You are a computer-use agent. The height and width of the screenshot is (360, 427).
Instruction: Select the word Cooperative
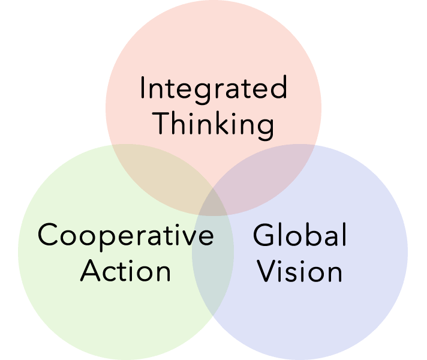(x=125, y=235)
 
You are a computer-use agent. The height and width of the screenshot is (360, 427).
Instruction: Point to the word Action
(x=126, y=271)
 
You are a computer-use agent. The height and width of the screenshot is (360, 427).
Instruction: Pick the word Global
(x=300, y=235)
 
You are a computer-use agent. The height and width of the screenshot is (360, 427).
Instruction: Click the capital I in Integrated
(x=142, y=89)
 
